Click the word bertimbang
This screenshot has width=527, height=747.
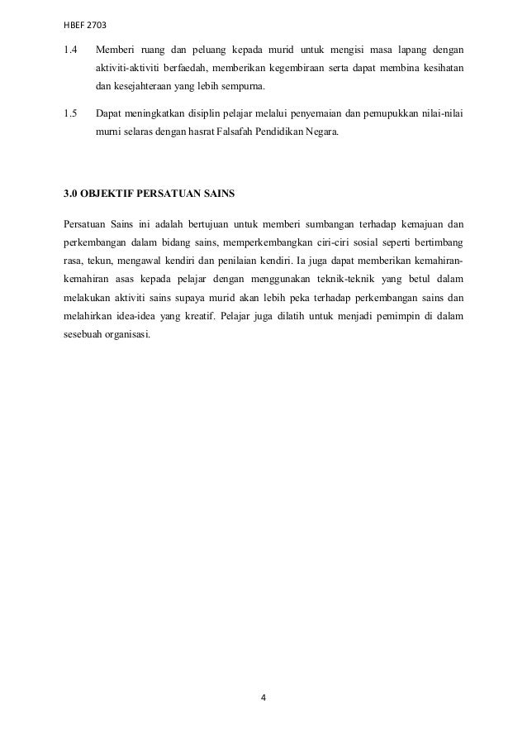(435, 244)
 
